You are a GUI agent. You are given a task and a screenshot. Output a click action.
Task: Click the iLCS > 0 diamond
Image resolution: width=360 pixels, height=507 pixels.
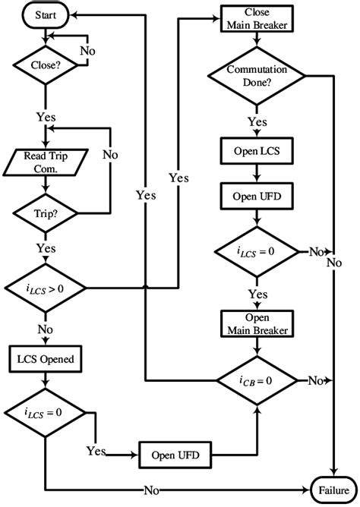[x=46, y=288]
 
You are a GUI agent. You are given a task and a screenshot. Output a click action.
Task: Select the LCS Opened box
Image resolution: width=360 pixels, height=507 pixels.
[x=46, y=357]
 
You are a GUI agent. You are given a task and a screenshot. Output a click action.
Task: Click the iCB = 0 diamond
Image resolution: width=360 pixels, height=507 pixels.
[x=259, y=379]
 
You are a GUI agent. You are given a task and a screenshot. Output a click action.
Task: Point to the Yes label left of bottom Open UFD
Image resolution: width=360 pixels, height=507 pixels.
[x=96, y=451]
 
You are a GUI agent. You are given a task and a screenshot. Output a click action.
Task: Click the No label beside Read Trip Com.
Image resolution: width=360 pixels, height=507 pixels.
[x=110, y=155]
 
